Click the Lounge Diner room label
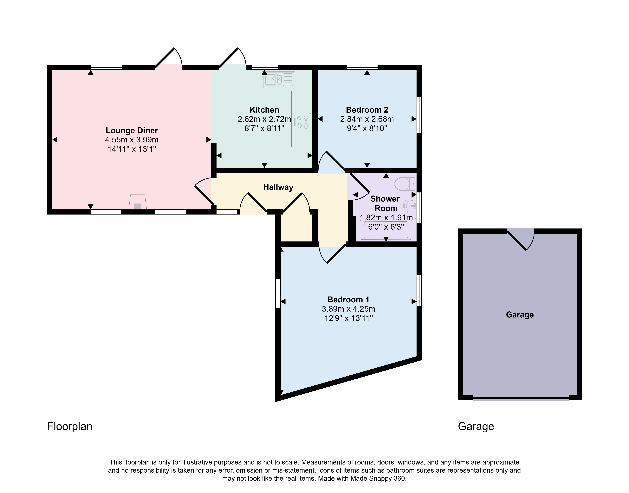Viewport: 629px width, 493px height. (132, 130)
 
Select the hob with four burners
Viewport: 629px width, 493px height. (302, 122)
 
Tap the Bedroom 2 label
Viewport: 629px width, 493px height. (367, 110)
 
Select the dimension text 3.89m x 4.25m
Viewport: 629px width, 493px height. (348, 309)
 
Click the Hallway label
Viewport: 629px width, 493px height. (278, 187)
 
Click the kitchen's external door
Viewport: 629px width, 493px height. (233, 58)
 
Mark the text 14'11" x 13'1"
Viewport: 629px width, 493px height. (132, 149)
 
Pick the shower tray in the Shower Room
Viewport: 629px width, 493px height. (386, 229)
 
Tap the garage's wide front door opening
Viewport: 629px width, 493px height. (521, 399)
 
